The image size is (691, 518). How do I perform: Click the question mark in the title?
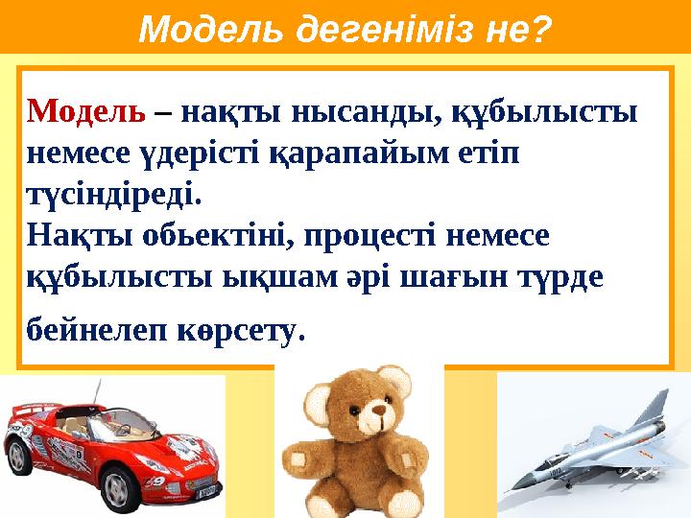point(540,30)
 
